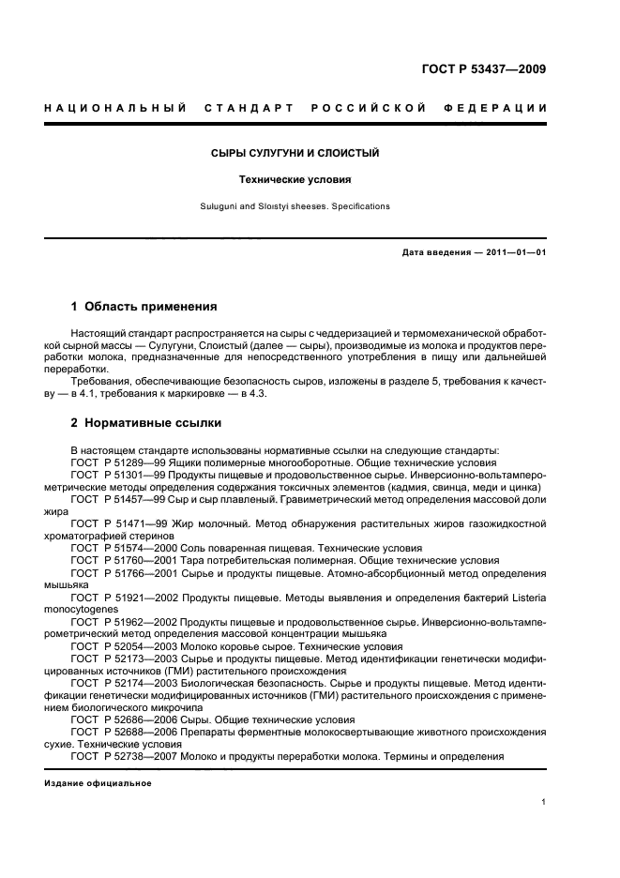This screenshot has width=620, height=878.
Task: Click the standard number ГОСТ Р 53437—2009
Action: click(x=481, y=68)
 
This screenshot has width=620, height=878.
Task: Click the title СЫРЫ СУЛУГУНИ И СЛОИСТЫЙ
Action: click(x=295, y=153)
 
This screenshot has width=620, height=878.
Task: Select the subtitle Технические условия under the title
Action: click(x=295, y=178)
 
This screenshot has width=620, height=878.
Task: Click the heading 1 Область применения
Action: click(x=144, y=307)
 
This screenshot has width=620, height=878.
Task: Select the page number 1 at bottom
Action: click(x=544, y=802)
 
